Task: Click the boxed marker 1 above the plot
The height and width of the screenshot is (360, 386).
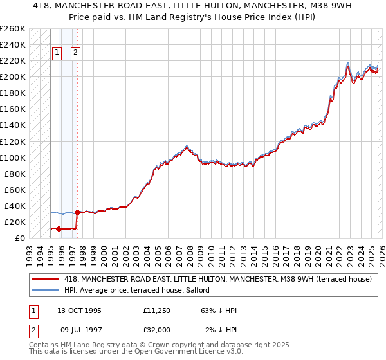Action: tap(57, 53)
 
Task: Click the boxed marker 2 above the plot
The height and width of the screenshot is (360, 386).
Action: tap(76, 53)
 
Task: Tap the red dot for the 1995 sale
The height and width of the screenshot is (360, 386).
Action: tap(59, 229)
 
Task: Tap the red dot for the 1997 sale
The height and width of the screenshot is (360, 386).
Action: tap(77, 212)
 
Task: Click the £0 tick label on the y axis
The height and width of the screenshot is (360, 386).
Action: tap(19, 238)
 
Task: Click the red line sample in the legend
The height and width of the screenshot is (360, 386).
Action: tap(45, 279)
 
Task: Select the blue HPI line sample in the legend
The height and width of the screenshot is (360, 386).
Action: tap(45, 290)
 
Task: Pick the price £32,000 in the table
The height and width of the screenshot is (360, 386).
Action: tap(157, 330)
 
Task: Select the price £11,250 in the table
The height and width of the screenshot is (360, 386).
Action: tap(157, 310)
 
